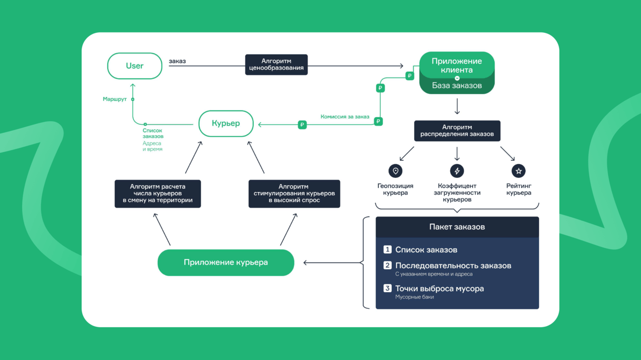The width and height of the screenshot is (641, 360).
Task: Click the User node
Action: (134, 66)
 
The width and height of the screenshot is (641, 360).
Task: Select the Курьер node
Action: (226, 123)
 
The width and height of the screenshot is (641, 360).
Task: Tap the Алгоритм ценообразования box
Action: (276, 65)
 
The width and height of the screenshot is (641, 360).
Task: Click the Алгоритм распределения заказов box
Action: (457, 131)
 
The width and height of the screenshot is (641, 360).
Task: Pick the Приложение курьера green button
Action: (225, 262)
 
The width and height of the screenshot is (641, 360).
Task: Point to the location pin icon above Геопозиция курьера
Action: (395, 171)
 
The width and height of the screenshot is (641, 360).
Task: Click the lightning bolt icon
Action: (457, 171)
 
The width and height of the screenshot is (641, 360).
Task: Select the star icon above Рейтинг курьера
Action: (519, 171)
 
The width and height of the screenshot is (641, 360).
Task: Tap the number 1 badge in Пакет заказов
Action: (387, 250)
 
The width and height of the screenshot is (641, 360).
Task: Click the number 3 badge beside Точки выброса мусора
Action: (387, 288)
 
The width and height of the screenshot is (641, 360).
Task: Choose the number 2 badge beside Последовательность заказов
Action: (387, 265)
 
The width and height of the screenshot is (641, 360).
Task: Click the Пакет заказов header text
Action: (457, 227)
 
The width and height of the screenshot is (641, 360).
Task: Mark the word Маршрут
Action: (115, 99)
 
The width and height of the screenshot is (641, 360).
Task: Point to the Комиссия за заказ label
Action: (345, 117)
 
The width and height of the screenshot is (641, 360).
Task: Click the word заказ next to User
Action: (177, 61)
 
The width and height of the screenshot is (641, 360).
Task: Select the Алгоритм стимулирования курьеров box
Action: (294, 194)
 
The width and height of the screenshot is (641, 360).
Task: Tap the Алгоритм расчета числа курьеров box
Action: (157, 194)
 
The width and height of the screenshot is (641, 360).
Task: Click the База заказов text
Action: (457, 86)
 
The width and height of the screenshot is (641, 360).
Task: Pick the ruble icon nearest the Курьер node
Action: (302, 125)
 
